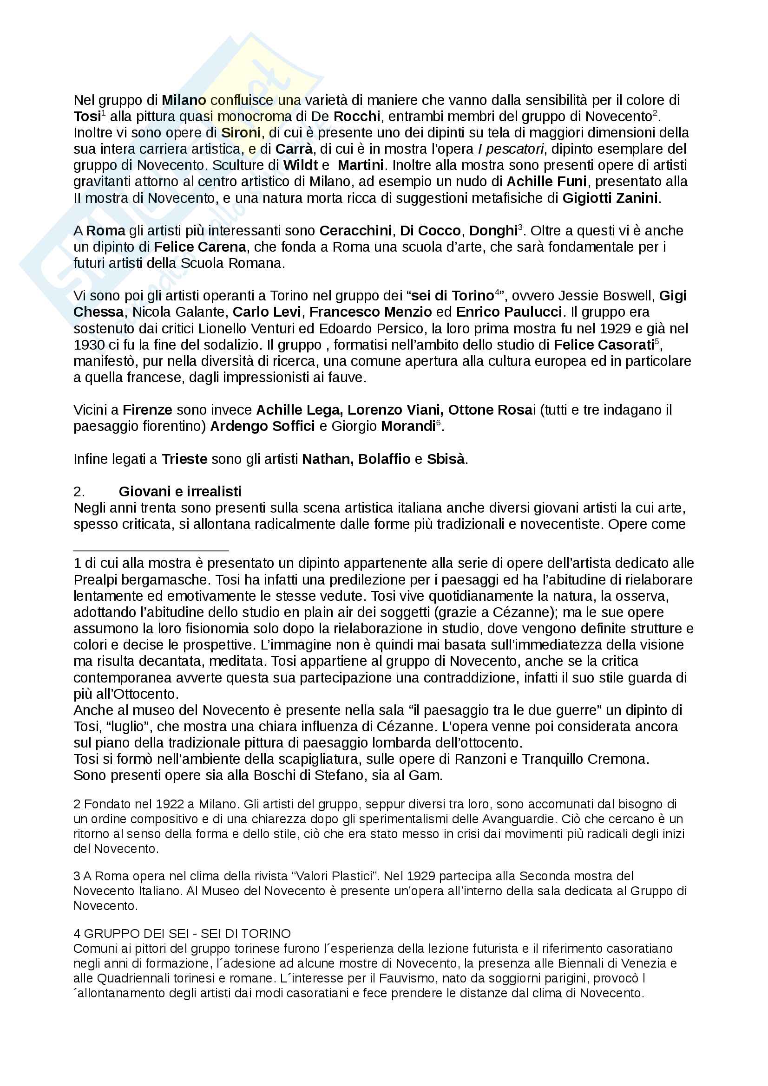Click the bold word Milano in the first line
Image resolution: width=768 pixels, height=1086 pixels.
pos(184,100)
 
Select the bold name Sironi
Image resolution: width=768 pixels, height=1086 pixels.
pos(241,133)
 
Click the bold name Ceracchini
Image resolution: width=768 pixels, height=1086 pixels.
pos(355,231)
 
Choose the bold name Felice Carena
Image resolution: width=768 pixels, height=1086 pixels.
pos(200,247)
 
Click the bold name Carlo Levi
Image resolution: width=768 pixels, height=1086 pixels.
pos(266,312)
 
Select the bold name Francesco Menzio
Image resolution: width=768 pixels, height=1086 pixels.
pos(370,312)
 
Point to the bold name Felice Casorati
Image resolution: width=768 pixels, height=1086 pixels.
pos(604,345)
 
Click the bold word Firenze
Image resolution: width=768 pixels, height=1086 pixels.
pos(147,410)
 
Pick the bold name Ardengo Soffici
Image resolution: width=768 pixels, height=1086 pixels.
pos(262,427)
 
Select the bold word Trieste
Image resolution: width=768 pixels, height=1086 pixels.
pos(184,459)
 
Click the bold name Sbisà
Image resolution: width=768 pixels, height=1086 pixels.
pos(445,459)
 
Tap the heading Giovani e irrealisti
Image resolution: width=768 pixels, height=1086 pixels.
pos(180,492)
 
